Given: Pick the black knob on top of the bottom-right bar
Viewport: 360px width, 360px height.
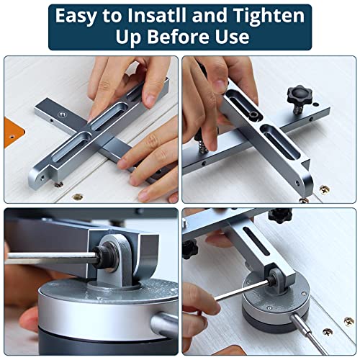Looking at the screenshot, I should click(279, 215).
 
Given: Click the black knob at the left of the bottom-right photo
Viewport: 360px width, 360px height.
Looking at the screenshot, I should click(189, 248).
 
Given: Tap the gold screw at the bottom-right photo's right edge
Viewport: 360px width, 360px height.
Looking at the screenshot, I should click(349, 321).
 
